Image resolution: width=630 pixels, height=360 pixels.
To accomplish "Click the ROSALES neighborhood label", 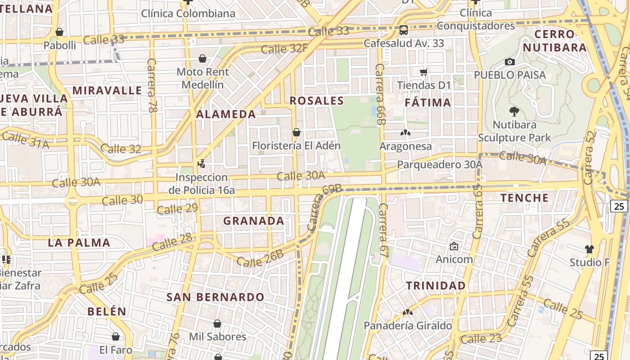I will click(316, 101).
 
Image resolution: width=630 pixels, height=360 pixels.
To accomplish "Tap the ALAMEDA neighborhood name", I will click(226, 114).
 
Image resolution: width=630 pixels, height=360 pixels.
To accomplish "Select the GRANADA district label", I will click(254, 221).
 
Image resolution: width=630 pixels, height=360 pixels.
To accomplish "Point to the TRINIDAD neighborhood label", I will click(436, 286).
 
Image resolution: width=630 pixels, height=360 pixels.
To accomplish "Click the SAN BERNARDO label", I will click(216, 297).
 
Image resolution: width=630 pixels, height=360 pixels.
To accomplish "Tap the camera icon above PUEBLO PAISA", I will click(509, 62).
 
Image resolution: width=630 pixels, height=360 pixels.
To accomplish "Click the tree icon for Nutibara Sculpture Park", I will click(514, 111).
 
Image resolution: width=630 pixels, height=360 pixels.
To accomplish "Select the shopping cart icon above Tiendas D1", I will click(423, 72).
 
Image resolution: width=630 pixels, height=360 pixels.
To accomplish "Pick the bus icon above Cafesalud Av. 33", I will click(404, 30).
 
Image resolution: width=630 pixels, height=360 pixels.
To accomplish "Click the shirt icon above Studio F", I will click(589, 249).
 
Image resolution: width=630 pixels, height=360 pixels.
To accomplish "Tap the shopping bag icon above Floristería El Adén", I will click(296, 132).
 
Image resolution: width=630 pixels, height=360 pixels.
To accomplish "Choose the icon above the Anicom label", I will click(454, 246).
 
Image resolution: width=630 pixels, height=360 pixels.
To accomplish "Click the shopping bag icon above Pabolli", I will click(59, 32).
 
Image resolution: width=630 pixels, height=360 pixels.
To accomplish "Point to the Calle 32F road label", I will click(284, 48).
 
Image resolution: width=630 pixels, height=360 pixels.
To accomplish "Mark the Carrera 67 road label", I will click(383, 230).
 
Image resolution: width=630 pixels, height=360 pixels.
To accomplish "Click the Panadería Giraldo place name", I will click(408, 326).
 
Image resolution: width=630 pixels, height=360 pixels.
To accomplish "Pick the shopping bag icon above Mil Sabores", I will click(217, 324).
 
